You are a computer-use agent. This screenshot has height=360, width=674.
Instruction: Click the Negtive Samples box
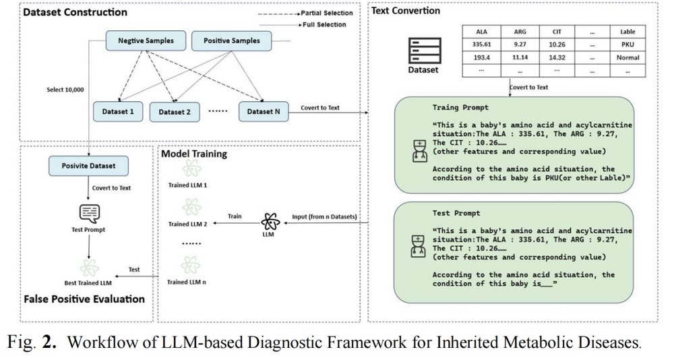[x=146, y=41]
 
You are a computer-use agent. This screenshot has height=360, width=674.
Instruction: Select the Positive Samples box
[x=231, y=41]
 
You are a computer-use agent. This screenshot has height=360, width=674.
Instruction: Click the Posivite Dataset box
[x=89, y=165]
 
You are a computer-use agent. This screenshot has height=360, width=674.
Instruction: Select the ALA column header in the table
[x=481, y=32]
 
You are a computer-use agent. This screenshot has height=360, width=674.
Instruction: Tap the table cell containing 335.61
[x=481, y=44]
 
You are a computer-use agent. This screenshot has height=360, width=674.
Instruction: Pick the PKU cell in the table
[x=627, y=44]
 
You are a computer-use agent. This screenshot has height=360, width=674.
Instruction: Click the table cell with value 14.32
[x=557, y=57]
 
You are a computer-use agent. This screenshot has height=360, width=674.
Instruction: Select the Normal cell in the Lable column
[x=627, y=57]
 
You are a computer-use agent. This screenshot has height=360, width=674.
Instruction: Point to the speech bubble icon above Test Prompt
[x=89, y=214]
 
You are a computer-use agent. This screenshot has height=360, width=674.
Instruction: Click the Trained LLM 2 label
[x=187, y=224]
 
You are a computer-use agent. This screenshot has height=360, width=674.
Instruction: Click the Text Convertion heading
[x=406, y=11]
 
